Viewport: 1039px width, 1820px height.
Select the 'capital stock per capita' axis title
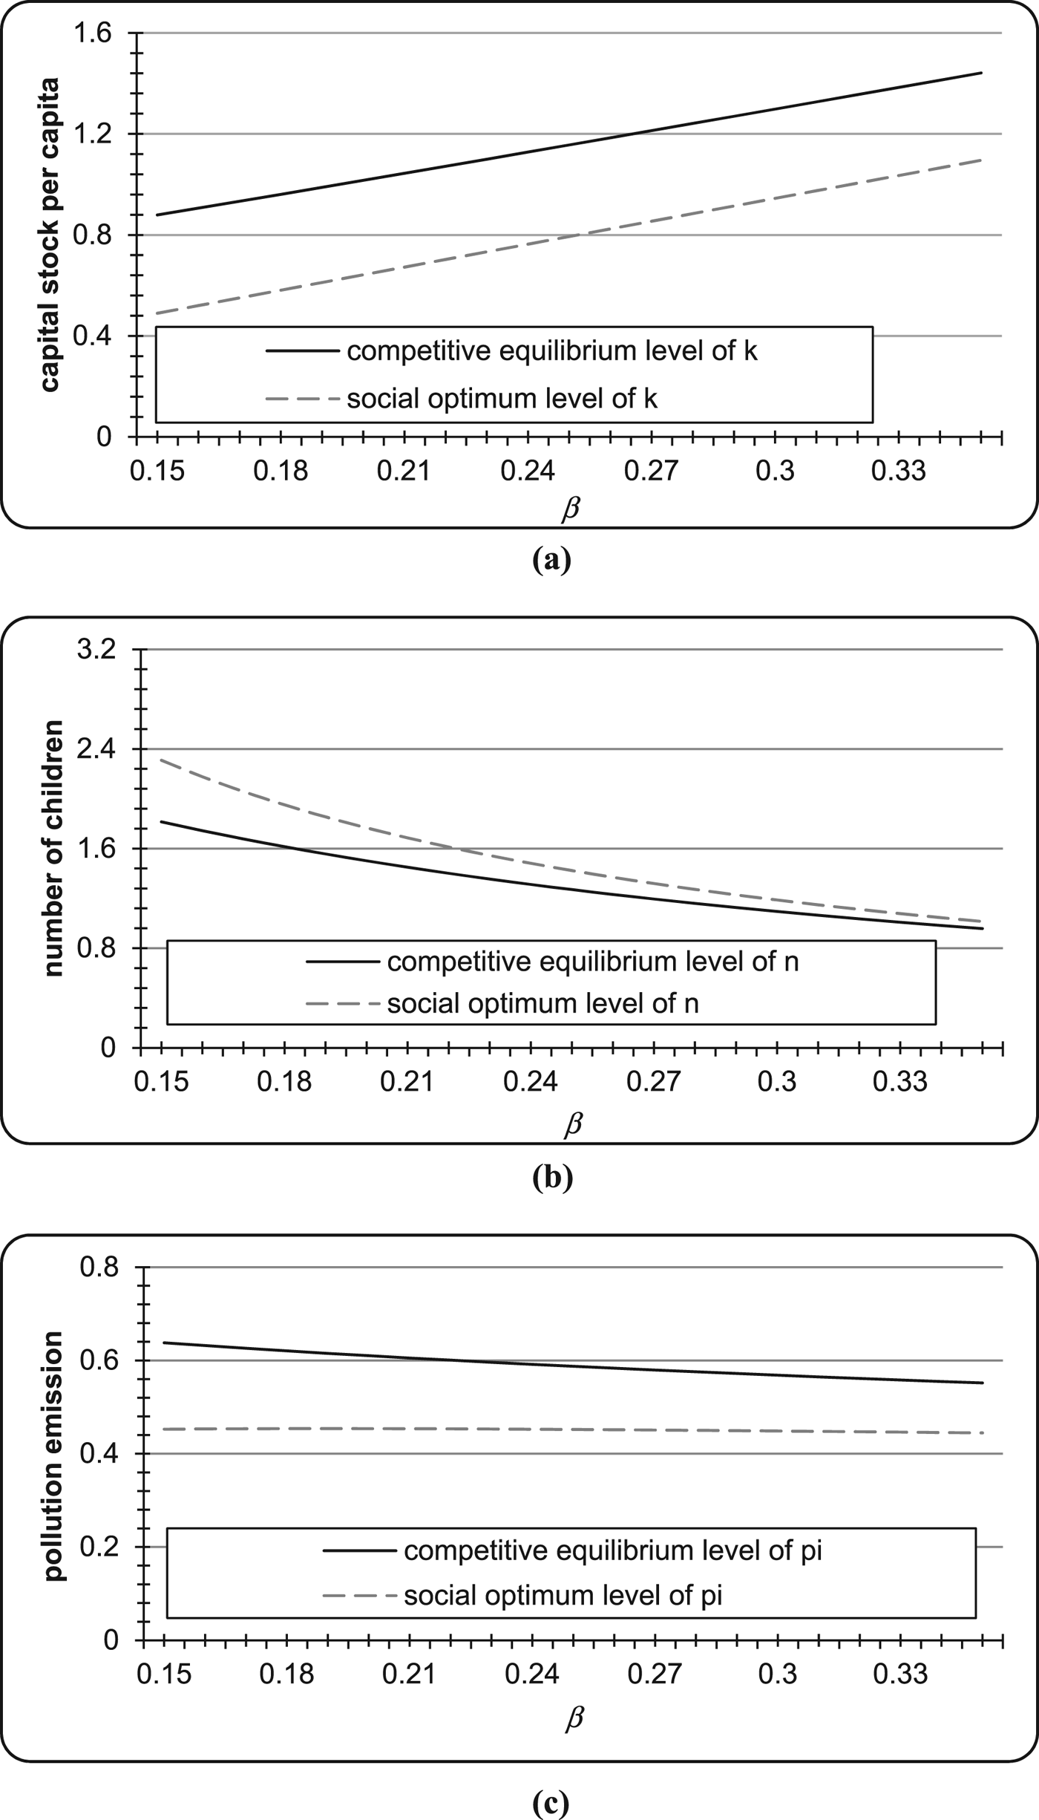(x=50, y=235)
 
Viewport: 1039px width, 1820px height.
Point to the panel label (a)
(x=551, y=559)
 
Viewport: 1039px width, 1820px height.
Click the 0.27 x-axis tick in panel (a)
(x=651, y=470)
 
